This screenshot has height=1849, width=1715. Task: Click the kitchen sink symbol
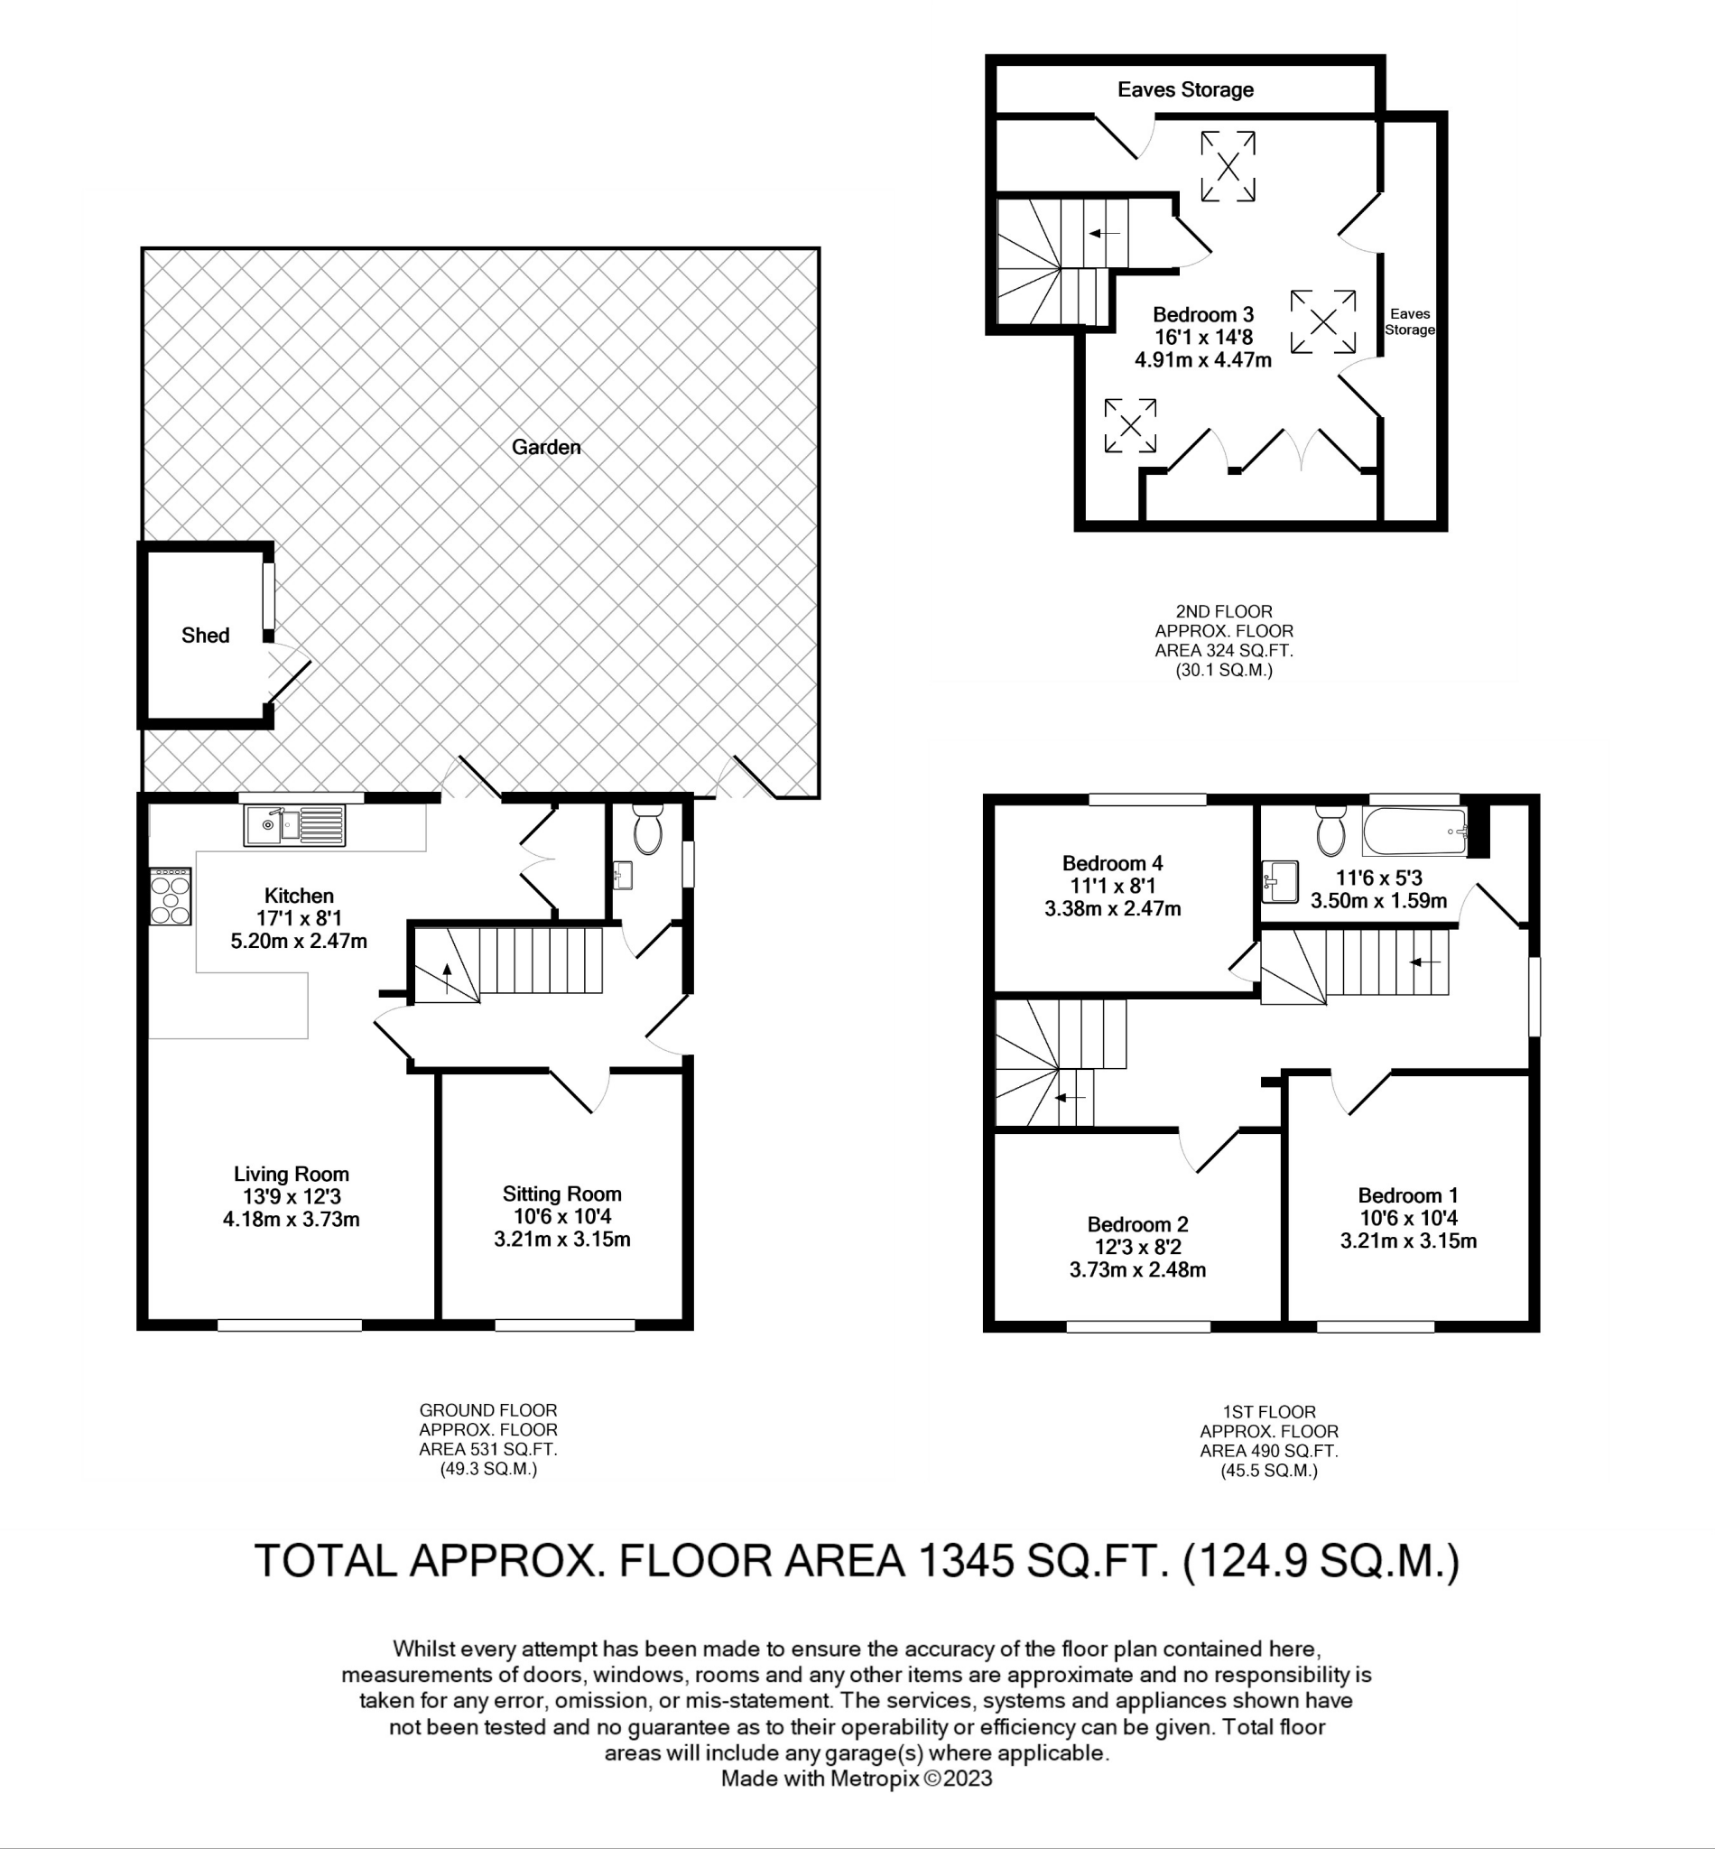[x=294, y=824]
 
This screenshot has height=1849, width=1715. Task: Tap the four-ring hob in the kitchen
[x=170, y=897]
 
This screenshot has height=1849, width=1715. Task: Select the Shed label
[x=205, y=635]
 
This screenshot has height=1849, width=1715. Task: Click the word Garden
[x=546, y=448]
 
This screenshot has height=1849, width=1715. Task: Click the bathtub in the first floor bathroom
[x=1414, y=831]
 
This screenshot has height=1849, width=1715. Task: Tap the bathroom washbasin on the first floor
[x=1282, y=881]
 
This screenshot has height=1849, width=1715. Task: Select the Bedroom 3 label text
[x=1202, y=315]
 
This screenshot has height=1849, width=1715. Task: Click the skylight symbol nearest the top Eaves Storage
[x=1228, y=166]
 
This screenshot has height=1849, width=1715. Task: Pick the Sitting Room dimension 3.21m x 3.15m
[x=561, y=1240]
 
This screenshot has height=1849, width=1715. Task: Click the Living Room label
[x=292, y=1175]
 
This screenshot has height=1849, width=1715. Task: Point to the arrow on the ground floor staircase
[x=448, y=979]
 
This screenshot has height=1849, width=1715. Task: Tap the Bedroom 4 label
[x=1112, y=863]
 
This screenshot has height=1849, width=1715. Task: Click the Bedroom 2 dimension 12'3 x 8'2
[x=1137, y=1248]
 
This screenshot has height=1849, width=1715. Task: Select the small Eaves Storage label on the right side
[x=1409, y=322]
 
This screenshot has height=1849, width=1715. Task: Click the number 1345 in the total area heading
[x=965, y=1561]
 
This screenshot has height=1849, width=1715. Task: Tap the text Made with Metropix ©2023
[x=856, y=1779]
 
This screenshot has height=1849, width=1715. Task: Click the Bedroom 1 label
[x=1407, y=1195]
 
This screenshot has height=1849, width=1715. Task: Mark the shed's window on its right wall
[x=267, y=596]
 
